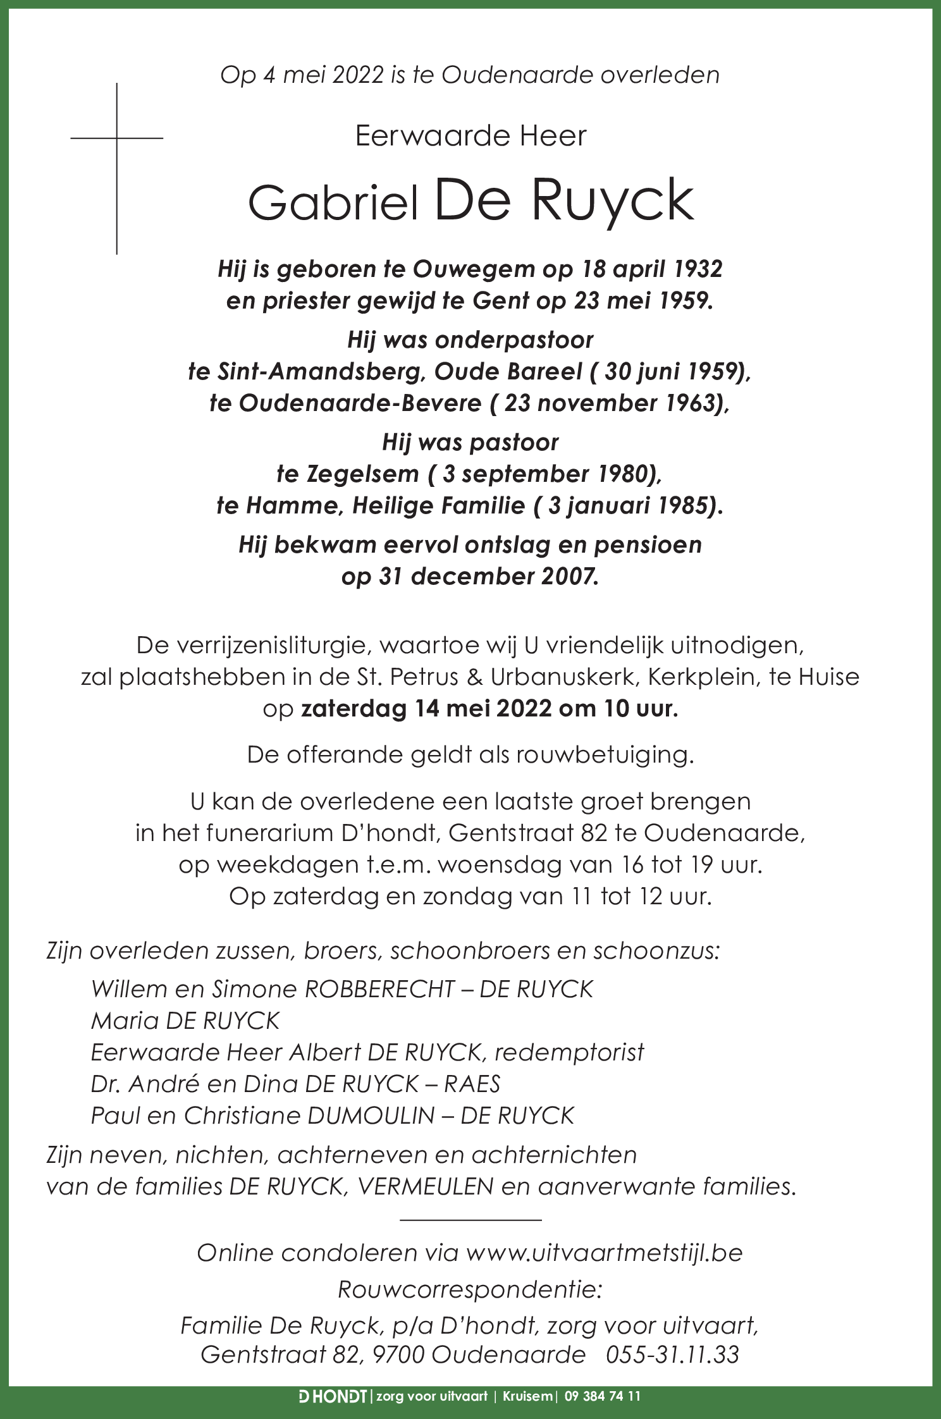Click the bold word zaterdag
[355, 709]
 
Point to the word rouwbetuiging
[605, 756]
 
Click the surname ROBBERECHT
[379, 990]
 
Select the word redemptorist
[569, 1052]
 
